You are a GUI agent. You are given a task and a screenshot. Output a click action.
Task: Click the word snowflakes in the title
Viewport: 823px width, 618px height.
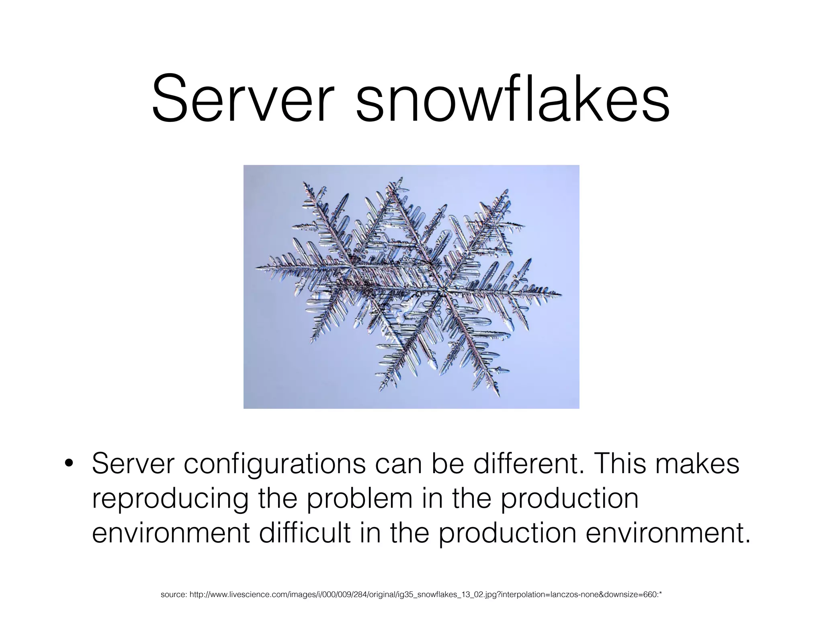(513, 99)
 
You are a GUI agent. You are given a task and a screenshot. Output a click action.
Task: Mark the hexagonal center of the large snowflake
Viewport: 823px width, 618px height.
(442, 290)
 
